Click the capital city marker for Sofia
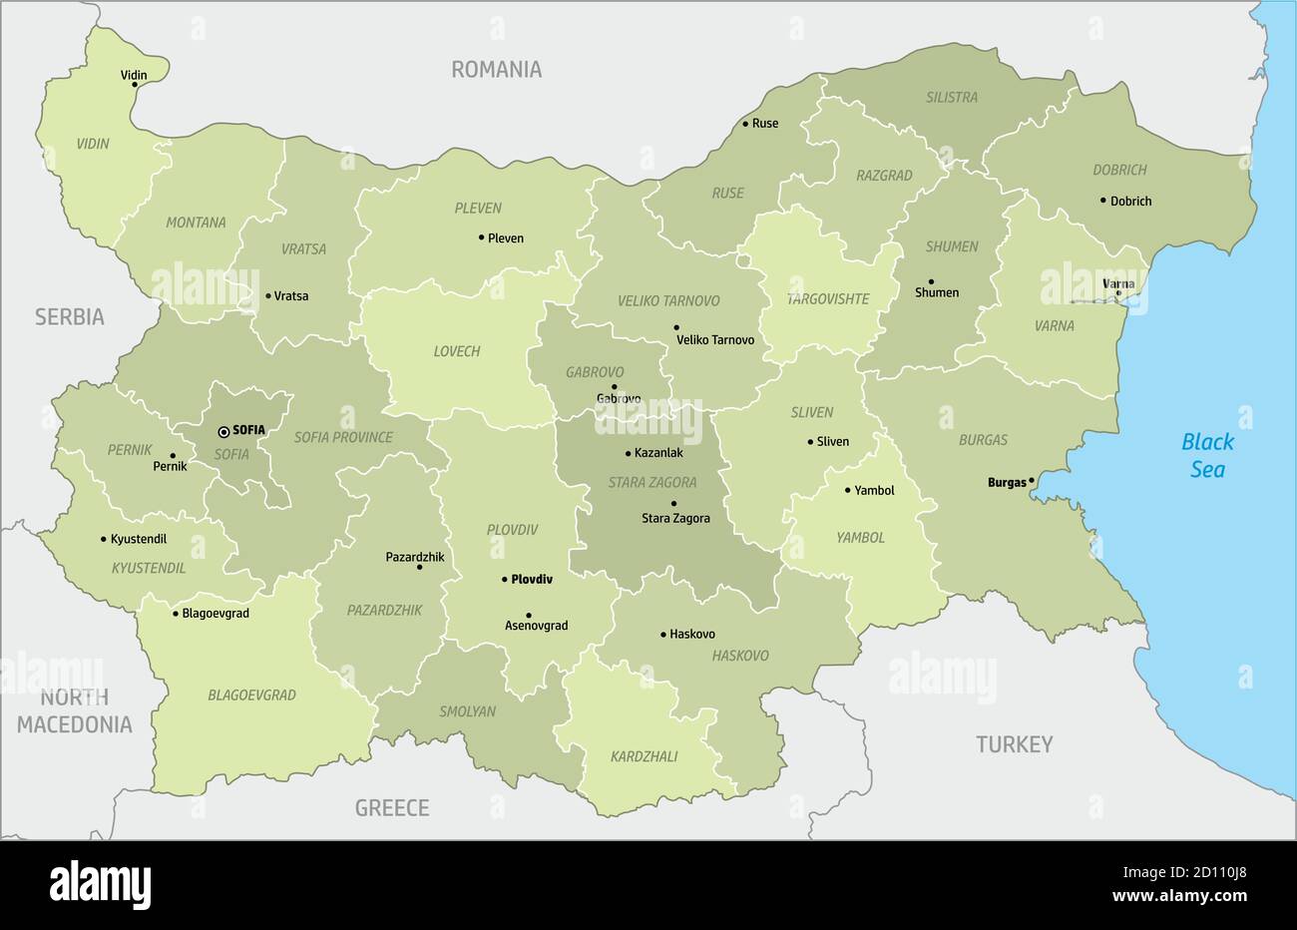point(223,432)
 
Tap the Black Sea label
point(1207,455)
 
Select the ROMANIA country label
point(496,69)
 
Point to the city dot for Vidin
point(135,85)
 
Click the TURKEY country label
point(1014,744)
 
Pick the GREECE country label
point(392,807)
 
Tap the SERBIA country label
point(69,317)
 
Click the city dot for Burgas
point(1032,482)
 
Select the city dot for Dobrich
point(1102,200)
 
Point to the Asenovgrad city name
point(536,626)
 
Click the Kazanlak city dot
point(627,453)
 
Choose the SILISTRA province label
point(951,98)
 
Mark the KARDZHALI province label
point(644,756)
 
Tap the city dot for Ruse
point(744,124)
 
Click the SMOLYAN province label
point(467,711)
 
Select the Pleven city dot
point(481,237)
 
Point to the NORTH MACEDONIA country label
point(74,711)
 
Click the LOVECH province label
point(457,351)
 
